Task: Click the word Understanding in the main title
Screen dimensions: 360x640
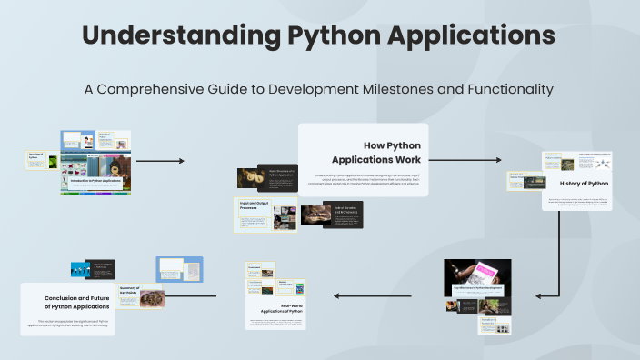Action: [176, 36]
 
